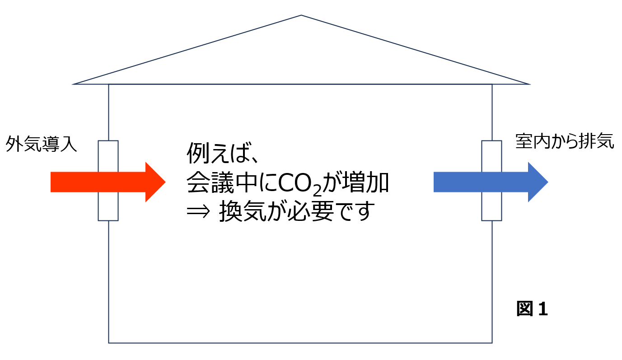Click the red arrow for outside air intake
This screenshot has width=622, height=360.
tap(104, 182)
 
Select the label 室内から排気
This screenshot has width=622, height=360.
tap(565, 142)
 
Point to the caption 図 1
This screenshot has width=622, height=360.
tap(532, 309)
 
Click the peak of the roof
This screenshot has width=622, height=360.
tap(301, 16)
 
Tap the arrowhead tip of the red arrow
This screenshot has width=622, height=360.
tap(165, 182)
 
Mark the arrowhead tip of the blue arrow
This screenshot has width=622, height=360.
tap(547, 182)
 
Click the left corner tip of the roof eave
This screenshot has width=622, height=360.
tap(74, 84)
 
